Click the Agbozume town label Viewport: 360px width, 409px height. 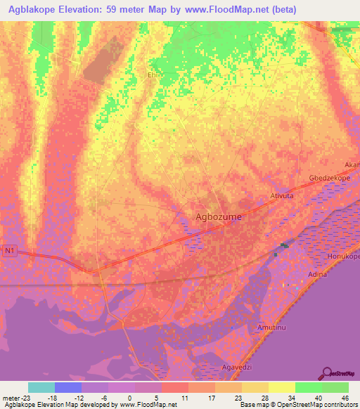coord(217,217)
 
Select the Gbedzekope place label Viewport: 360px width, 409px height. coord(329,178)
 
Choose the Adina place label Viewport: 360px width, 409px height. coord(318,275)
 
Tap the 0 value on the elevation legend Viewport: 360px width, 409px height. coord(129,397)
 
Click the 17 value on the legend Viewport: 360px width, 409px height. coord(210,397)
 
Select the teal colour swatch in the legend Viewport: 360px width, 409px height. coord(41,387)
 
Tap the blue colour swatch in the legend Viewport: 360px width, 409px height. coord(68,387)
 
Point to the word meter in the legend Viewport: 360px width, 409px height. coord(11,397)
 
